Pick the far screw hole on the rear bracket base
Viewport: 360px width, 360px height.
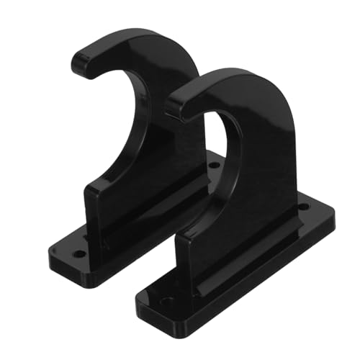214,165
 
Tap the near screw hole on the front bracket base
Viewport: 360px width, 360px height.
167,302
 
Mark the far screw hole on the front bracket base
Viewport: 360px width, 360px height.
303,207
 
